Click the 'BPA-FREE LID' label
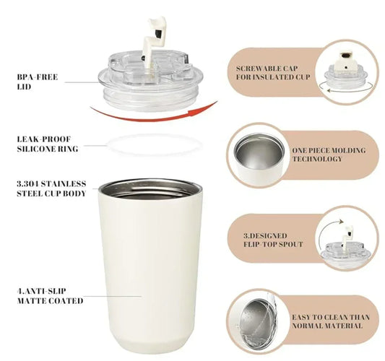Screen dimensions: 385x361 (x=38, y=82)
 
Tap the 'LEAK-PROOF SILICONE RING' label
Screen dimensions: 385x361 (x=48, y=144)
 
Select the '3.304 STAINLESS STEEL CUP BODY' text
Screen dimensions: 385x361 (x=51, y=188)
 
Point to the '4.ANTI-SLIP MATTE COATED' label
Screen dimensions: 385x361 (x=50, y=296)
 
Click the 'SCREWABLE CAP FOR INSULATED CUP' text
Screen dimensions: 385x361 (x=272, y=73)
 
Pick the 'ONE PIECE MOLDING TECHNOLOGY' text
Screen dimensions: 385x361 (x=329, y=155)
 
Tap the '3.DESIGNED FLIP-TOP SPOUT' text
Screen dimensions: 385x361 (x=273, y=240)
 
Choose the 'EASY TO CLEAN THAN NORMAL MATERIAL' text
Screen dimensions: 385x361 (x=331, y=321)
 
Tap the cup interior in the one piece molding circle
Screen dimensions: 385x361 (x=259, y=151)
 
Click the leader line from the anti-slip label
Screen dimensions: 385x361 (x=113, y=296)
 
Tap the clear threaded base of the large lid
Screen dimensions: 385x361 (x=150, y=98)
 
